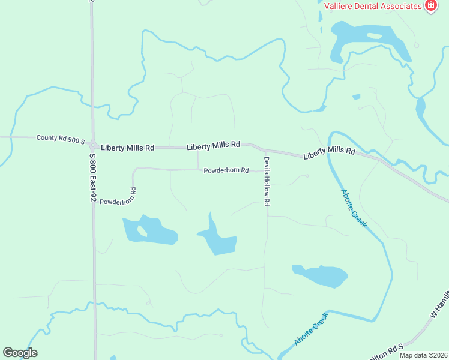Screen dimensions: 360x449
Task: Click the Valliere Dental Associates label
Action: (372, 6)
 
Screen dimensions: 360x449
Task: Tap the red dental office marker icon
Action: (430, 5)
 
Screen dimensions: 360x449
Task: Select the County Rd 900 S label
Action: (61, 139)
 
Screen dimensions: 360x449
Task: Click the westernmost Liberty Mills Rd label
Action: (128, 148)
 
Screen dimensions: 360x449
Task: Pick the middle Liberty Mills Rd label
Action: (213, 145)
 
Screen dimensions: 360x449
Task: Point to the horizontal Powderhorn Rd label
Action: (226, 170)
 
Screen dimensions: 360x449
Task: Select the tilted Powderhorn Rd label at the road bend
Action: (118, 197)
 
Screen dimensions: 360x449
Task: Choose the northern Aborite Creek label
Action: (354, 208)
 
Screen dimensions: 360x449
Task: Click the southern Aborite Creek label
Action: (312, 329)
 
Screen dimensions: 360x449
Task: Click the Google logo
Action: (20, 353)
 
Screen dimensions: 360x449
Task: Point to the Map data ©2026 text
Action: (423, 355)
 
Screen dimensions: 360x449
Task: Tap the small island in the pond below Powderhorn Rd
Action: (142, 230)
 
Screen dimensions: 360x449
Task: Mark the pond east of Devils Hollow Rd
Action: (321, 275)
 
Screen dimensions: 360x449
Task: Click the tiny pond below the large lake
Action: (357, 97)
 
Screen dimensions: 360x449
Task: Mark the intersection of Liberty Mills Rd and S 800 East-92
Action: (93, 145)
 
